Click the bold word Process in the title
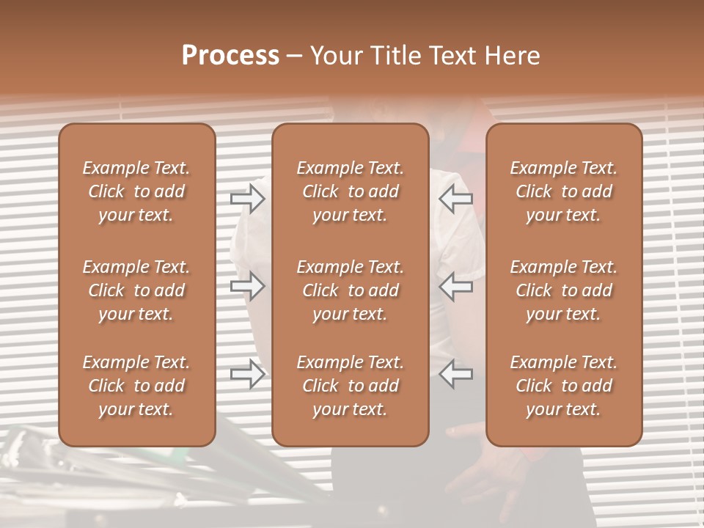pyautogui.click(x=230, y=56)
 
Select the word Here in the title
pyautogui.click(x=513, y=56)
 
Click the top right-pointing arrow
pyautogui.click(x=248, y=198)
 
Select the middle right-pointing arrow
pyautogui.click(x=248, y=286)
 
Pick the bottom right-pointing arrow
pyautogui.click(x=248, y=374)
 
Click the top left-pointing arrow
pyautogui.click(x=456, y=198)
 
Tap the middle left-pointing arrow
pyautogui.click(x=456, y=286)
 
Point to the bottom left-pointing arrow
pyautogui.click(x=456, y=374)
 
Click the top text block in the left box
pyautogui.click(x=136, y=191)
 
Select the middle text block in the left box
pyautogui.click(x=136, y=290)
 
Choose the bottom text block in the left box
pyautogui.click(x=136, y=386)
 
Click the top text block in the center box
pyautogui.click(x=350, y=191)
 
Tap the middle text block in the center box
pyautogui.click(x=350, y=290)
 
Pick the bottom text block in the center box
pyautogui.click(x=350, y=386)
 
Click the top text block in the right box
pyautogui.click(x=564, y=191)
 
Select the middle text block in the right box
pyautogui.click(x=564, y=290)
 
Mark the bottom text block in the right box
pyautogui.click(x=564, y=386)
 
